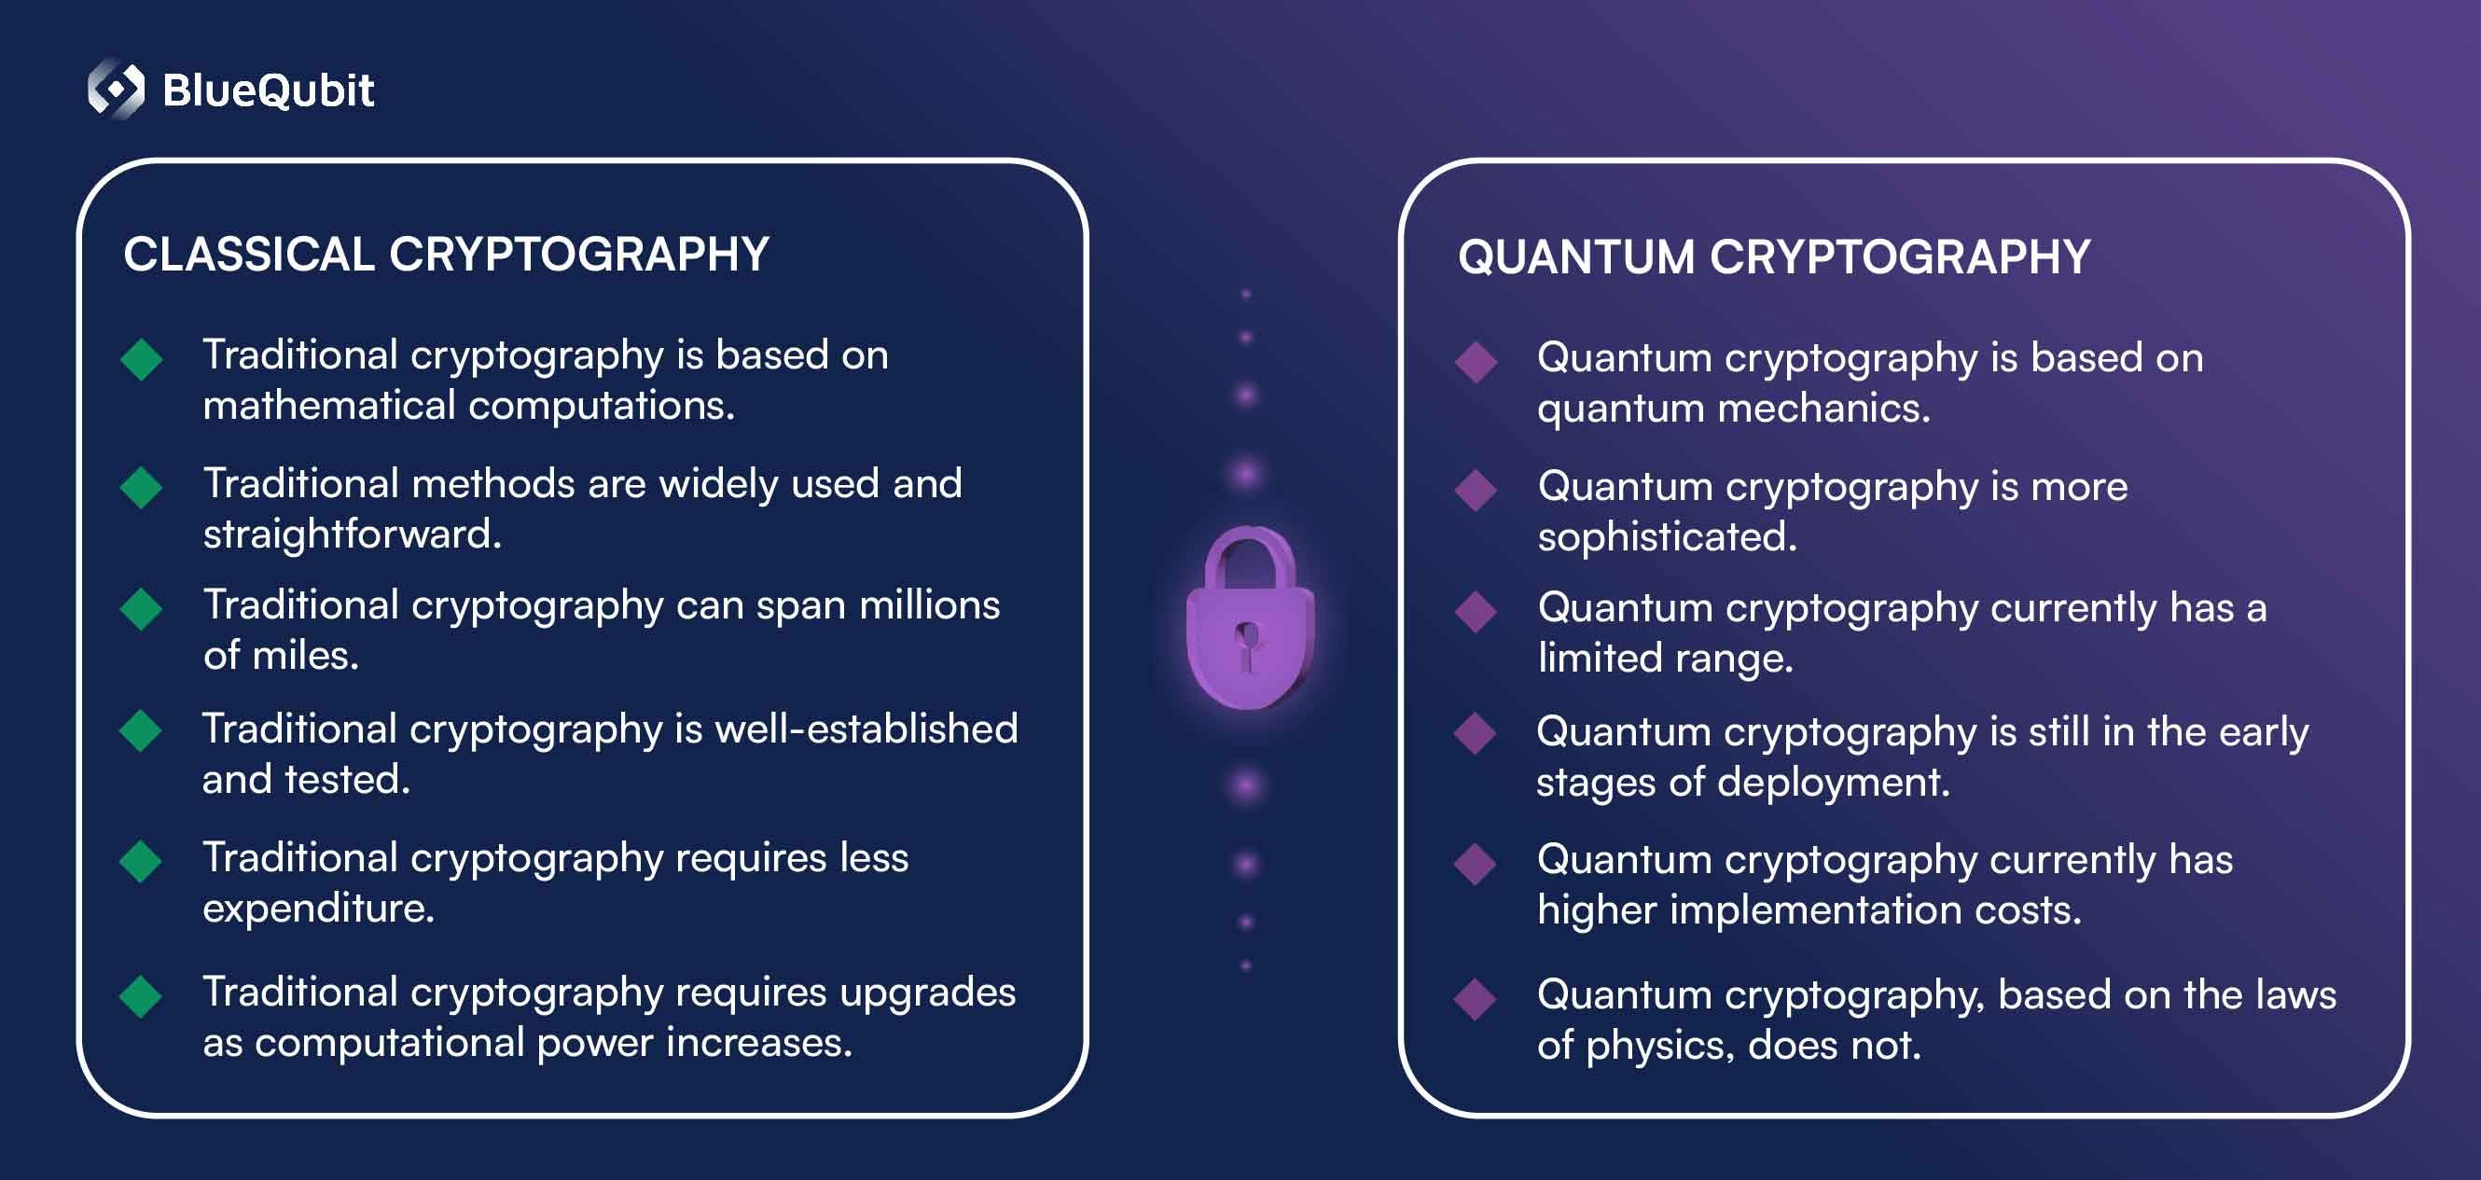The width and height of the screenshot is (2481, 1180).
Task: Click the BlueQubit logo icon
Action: [x=116, y=89]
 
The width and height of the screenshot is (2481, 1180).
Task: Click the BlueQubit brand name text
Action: [x=268, y=90]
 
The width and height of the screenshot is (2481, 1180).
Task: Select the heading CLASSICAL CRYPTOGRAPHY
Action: [x=446, y=255]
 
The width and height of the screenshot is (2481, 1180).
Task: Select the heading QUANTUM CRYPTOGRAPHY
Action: [x=1774, y=257]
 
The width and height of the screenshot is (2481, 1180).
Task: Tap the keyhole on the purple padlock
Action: [x=1248, y=646]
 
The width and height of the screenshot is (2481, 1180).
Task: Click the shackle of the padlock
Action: [x=1250, y=559]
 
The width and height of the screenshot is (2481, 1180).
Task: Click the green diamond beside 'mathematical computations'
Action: [x=142, y=359]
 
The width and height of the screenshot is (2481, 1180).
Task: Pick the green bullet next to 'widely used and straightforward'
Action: [x=142, y=488]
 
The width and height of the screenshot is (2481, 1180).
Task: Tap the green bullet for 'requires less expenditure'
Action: [x=141, y=861]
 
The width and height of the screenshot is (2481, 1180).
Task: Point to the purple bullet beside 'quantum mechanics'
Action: [x=1476, y=362]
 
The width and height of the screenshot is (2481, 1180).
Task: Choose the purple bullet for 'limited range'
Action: [x=1476, y=612]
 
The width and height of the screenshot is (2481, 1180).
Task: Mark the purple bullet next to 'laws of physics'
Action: [x=1476, y=999]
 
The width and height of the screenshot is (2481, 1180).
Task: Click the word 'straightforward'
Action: [x=352, y=534]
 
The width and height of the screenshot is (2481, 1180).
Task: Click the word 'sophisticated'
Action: [x=1667, y=536]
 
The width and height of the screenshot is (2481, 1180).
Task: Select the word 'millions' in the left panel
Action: [x=929, y=605]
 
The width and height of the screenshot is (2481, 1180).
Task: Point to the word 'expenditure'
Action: [x=318, y=909]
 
